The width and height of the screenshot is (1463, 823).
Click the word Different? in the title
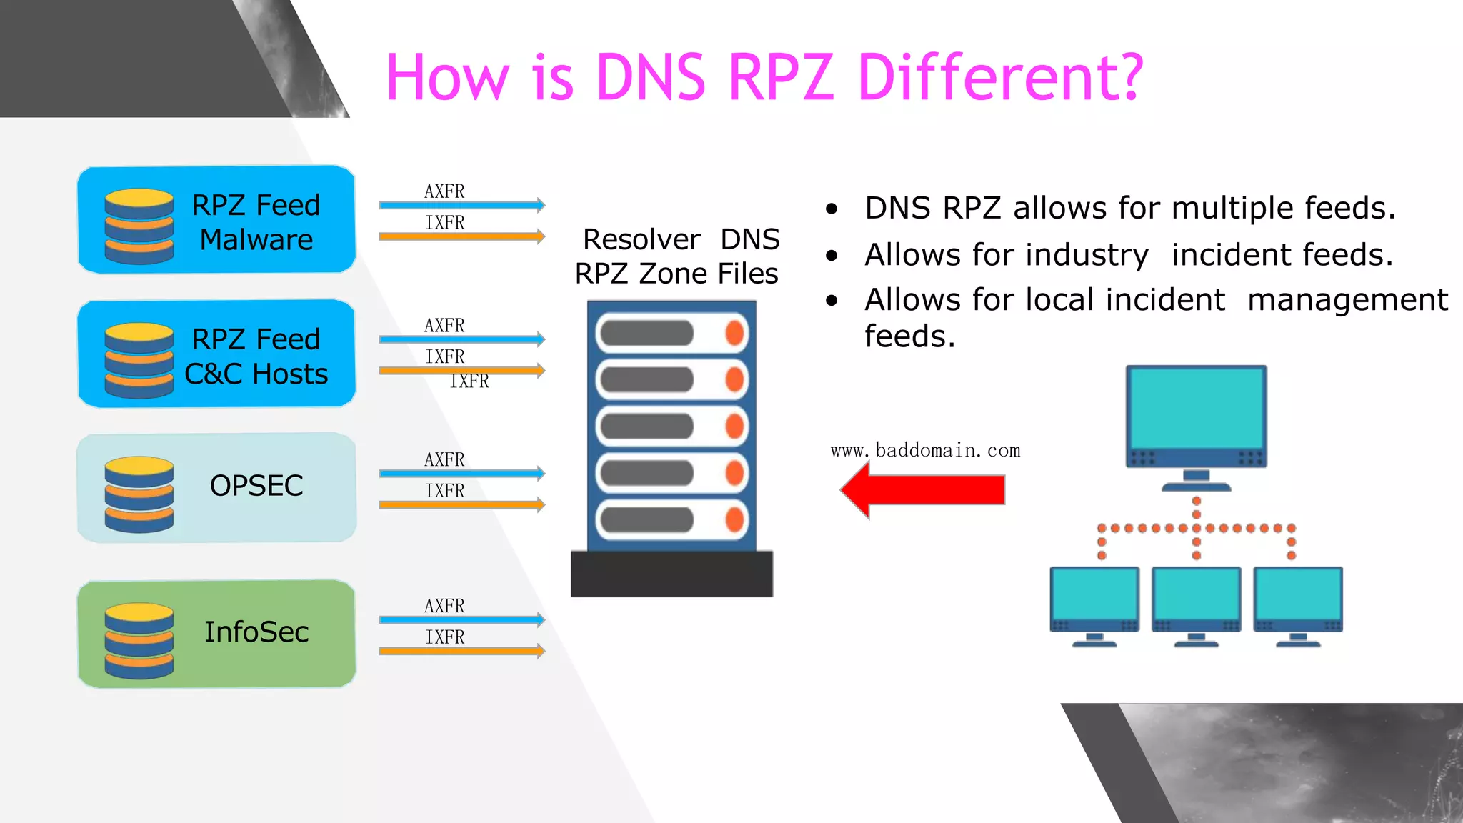pyautogui.click(x=1000, y=77)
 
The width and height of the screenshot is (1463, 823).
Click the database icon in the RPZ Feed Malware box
pyautogui.click(x=139, y=226)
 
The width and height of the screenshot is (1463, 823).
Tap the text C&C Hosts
pyautogui.click(x=256, y=374)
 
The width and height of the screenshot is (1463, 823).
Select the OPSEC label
pyautogui.click(x=256, y=486)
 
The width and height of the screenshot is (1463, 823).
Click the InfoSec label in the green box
pyautogui.click(x=256, y=632)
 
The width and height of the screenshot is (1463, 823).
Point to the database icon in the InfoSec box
pyautogui.click(x=139, y=640)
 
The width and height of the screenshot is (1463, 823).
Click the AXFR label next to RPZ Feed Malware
pyautogui.click(x=444, y=191)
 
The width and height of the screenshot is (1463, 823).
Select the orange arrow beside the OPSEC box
pyautogui.click(x=461, y=505)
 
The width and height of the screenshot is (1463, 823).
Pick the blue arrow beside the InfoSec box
pyautogui.click(x=461, y=619)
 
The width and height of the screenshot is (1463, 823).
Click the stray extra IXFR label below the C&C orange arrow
pyautogui.click(x=469, y=381)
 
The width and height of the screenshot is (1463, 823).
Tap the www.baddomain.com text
pyautogui.click(x=925, y=451)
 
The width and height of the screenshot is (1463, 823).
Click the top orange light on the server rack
pyautogui.click(x=734, y=333)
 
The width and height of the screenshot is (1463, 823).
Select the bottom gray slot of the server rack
pyautogui.click(x=647, y=519)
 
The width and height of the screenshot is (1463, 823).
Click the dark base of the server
pyautogui.click(x=671, y=573)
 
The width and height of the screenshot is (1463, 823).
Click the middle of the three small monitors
pyautogui.click(x=1196, y=599)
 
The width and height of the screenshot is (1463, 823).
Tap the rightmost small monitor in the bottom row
pyautogui.click(x=1298, y=599)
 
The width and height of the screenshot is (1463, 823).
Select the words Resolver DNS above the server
pyautogui.click(x=680, y=239)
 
